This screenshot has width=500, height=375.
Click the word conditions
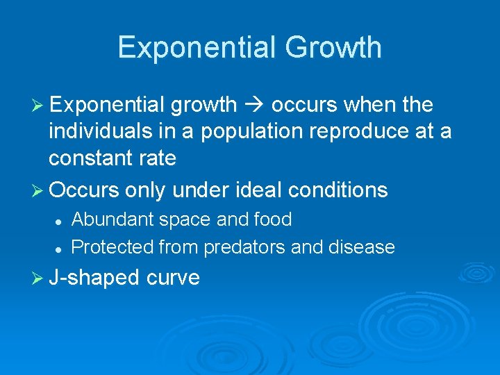[x=340, y=190]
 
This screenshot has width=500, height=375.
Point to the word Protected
[x=112, y=247]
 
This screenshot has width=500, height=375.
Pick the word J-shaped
[x=95, y=278]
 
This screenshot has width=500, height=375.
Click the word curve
[x=173, y=278]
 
